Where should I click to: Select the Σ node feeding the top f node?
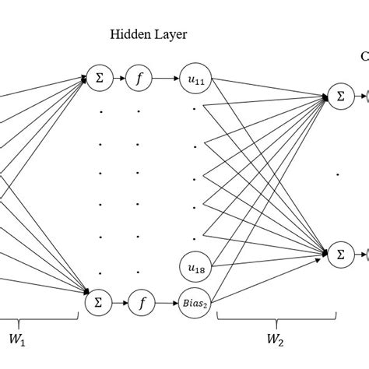click(x=99, y=78)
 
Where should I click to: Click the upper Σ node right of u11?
click(x=339, y=97)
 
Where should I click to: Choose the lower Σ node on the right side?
click(x=339, y=254)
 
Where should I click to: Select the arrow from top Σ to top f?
click(x=121, y=78)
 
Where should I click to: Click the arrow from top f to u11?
click(x=167, y=78)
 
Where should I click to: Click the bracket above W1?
click(x=39, y=318)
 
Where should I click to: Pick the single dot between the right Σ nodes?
click(x=337, y=175)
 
